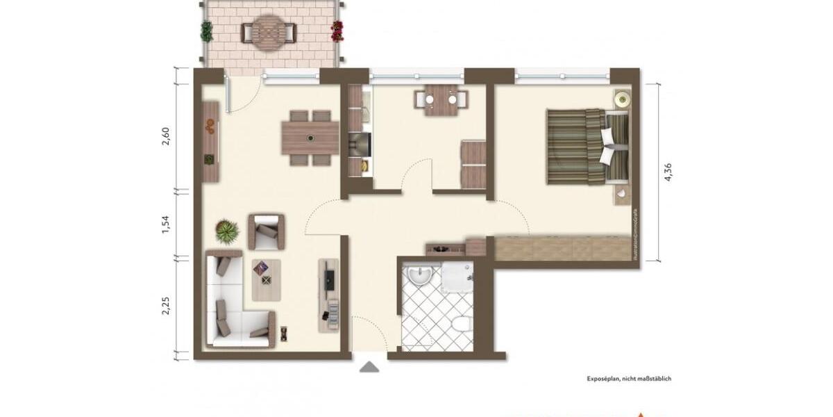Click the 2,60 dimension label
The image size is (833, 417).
coord(165,133)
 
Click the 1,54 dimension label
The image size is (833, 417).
coord(165,224)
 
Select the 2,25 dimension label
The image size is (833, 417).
coord(165,306)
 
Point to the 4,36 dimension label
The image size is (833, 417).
coord(668,172)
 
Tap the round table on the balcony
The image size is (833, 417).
coord(269,32)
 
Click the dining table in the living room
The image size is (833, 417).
coord(310,138)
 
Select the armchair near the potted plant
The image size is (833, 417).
coord(267,231)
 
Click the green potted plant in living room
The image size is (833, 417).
coord(226,230)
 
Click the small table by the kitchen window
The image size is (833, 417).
coord(441,99)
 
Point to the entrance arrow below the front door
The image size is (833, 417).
coord(369,367)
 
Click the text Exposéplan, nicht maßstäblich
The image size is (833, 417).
coord(628,379)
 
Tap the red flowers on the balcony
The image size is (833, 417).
coord(337,30)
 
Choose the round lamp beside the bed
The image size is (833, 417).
coord(621,99)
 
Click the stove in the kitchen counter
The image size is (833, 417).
coord(360,145)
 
